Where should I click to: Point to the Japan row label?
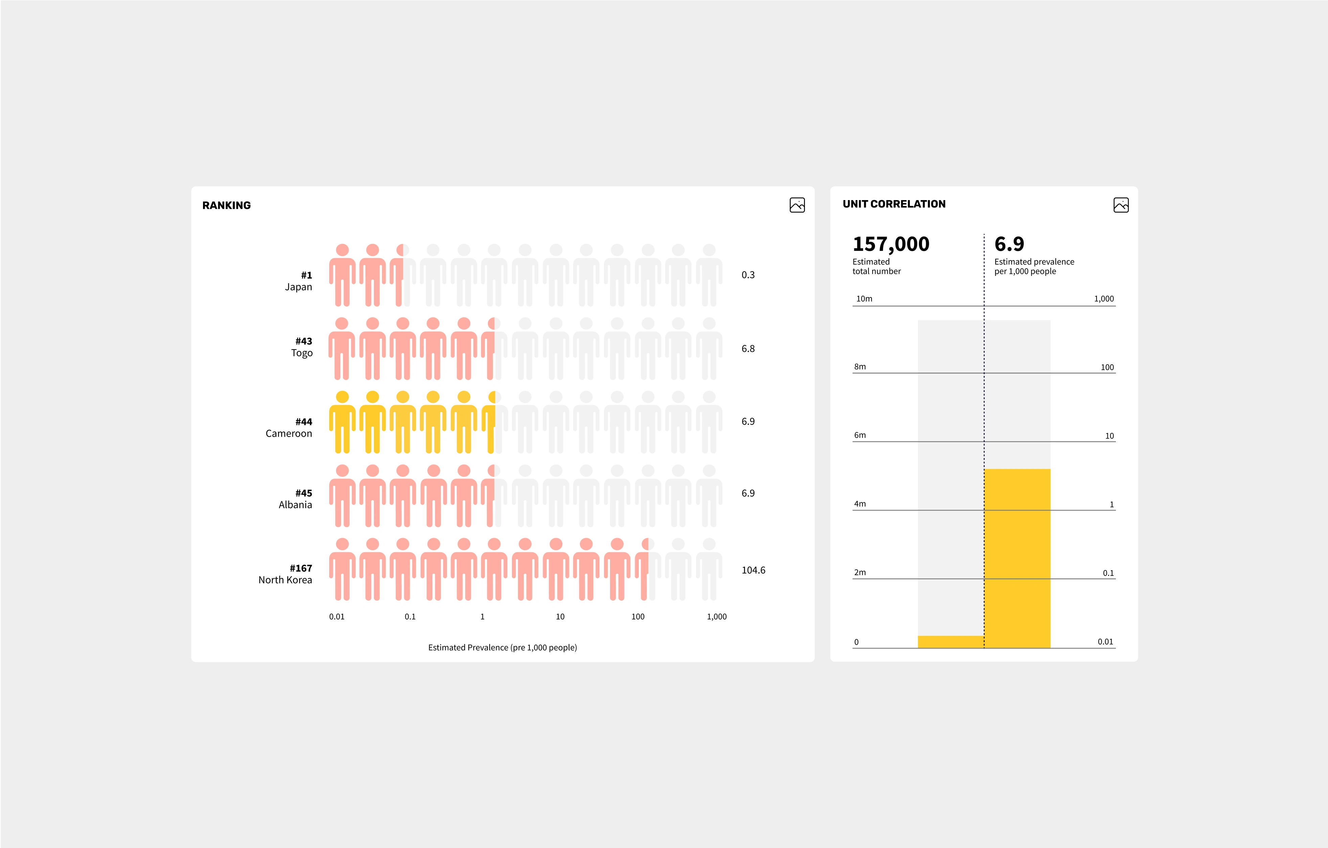click(x=298, y=287)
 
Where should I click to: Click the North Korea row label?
click(x=285, y=580)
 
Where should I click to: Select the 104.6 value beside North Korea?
click(x=753, y=570)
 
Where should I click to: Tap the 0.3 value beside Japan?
click(x=748, y=275)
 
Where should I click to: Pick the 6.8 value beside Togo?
click(x=748, y=349)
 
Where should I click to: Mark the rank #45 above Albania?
click(x=303, y=493)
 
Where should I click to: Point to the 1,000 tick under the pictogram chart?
click(x=716, y=616)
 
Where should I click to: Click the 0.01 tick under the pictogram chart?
click(x=336, y=616)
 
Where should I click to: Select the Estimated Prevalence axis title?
click(x=502, y=648)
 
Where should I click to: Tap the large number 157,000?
click(x=891, y=244)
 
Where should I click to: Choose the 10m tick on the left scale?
click(x=864, y=299)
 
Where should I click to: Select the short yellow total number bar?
click(x=950, y=642)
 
